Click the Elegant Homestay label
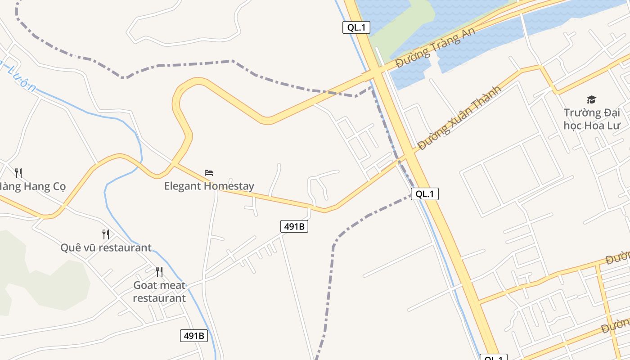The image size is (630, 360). [209, 186]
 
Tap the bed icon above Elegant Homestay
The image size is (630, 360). [209, 172]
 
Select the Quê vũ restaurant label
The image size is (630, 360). [106, 247]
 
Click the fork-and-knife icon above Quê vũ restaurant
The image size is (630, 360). [105, 234]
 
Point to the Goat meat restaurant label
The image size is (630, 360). [159, 291]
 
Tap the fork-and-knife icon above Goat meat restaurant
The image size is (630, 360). [159, 271]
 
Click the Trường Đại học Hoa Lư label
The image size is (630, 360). [591, 119]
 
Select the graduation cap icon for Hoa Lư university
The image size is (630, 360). [591, 99]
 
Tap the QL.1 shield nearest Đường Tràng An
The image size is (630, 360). [356, 27]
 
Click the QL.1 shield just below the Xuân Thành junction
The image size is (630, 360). [424, 194]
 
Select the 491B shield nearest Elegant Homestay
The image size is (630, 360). [294, 226]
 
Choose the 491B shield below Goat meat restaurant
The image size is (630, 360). [194, 335]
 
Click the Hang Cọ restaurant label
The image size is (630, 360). [31, 186]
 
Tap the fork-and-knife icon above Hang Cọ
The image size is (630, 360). [18, 173]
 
